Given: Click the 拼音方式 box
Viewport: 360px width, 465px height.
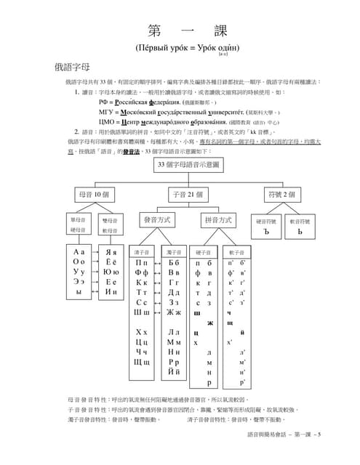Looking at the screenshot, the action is (x=217, y=219).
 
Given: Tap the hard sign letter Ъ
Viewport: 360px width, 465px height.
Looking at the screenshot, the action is (x=267, y=232).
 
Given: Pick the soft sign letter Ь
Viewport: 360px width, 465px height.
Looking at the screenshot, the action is (x=300, y=232).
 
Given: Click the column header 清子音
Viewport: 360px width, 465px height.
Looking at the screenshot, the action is (x=142, y=251).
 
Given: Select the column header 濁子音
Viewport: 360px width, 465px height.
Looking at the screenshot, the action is (x=174, y=251).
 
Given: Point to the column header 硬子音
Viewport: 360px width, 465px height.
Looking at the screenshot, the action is (x=203, y=251).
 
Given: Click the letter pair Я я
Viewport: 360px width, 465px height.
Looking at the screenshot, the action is (x=111, y=252).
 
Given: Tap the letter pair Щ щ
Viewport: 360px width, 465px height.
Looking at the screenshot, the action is (x=141, y=362).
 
